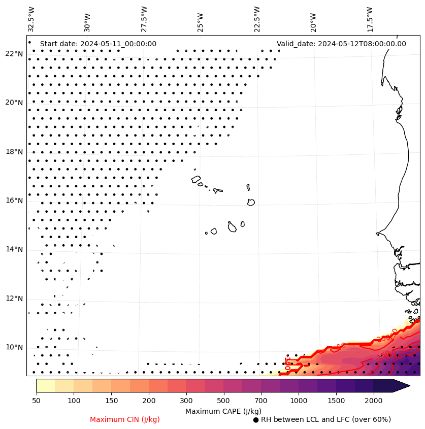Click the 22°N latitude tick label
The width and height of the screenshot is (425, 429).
pyautogui.click(x=14, y=54)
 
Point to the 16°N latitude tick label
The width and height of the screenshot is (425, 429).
pyautogui.click(x=14, y=201)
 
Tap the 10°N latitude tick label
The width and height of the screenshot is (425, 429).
pyautogui.click(x=14, y=347)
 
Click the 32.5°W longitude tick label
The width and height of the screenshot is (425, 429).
pyautogui.click(x=31, y=19)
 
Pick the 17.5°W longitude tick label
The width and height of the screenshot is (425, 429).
pyautogui.click(x=369, y=19)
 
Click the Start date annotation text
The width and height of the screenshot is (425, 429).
pyautogui.click(x=98, y=44)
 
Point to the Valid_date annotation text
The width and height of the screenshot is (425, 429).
pyautogui.click(x=341, y=44)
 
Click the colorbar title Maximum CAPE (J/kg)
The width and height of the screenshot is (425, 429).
pyautogui.click(x=223, y=411)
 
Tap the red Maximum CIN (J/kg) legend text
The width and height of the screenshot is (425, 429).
pyautogui.click(x=125, y=419)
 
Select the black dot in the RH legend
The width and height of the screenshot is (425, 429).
pyautogui.click(x=256, y=420)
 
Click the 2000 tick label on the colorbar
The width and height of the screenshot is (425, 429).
pyautogui.click(x=374, y=401)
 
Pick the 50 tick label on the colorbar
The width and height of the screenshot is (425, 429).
pyautogui.click(x=36, y=401)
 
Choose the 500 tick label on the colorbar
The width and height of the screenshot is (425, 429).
pyautogui.click(x=223, y=401)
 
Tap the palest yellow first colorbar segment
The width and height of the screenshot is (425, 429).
pyautogui.click(x=45, y=385)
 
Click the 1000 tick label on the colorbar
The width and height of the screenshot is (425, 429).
pyautogui.click(x=299, y=401)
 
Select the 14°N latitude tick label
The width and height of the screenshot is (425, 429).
pyautogui.click(x=14, y=249)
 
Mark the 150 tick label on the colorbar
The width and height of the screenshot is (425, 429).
pyautogui.click(x=111, y=401)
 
